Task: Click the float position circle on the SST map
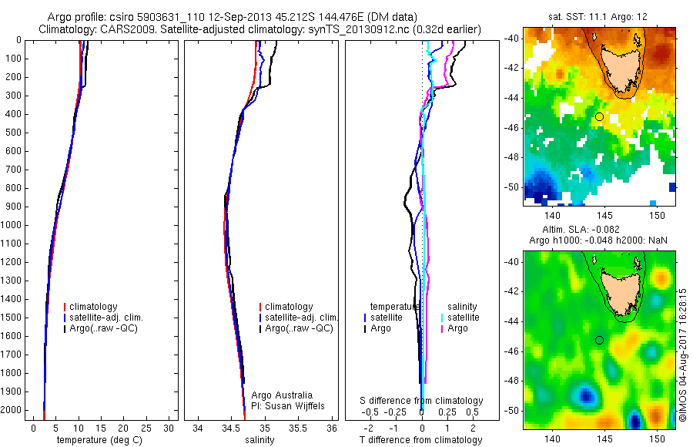[x=599, y=116]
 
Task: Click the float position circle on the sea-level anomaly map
[x=599, y=340]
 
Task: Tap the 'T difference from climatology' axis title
[x=421, y=440]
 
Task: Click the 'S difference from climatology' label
[x=422, y=401]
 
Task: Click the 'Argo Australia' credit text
[x=282, y=395]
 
